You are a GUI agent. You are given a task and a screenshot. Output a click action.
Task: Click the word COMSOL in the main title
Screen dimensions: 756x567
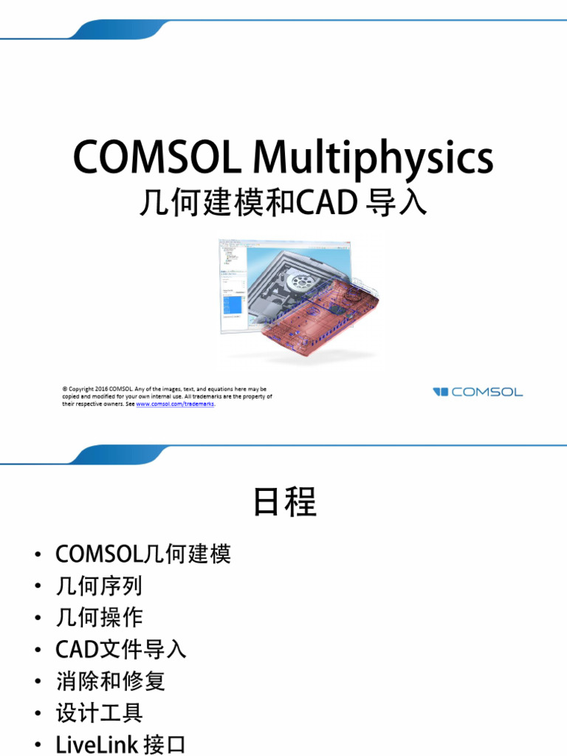click(x=159, y=157)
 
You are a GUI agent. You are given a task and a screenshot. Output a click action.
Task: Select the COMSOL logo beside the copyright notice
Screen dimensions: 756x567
click(x=478, y=391)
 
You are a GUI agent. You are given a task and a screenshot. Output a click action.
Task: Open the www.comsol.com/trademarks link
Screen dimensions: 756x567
click(x=176, y=405)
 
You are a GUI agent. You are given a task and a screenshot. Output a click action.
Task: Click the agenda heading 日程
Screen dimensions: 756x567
click(x=284, y=503)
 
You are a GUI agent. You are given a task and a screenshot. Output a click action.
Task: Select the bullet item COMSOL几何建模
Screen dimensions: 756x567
click(x=143, y=554)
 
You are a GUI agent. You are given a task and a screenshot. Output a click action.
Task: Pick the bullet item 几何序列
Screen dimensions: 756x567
click(x=99, y=586)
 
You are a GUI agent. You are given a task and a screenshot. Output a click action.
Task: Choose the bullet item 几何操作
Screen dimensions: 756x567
click(x=99, y=618)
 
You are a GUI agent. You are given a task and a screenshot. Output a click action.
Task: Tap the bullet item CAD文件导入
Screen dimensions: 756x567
click(x=121, y=650)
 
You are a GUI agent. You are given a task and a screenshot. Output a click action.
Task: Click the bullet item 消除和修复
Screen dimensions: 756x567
click(x=111, y=681)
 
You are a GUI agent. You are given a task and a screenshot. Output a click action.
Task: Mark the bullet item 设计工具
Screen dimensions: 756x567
click(x=99, y=713)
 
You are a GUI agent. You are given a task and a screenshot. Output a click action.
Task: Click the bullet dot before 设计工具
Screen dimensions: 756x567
click(x=37, y=714)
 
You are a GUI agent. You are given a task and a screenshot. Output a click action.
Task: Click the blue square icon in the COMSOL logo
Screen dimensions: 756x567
click(x=440, y=391)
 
